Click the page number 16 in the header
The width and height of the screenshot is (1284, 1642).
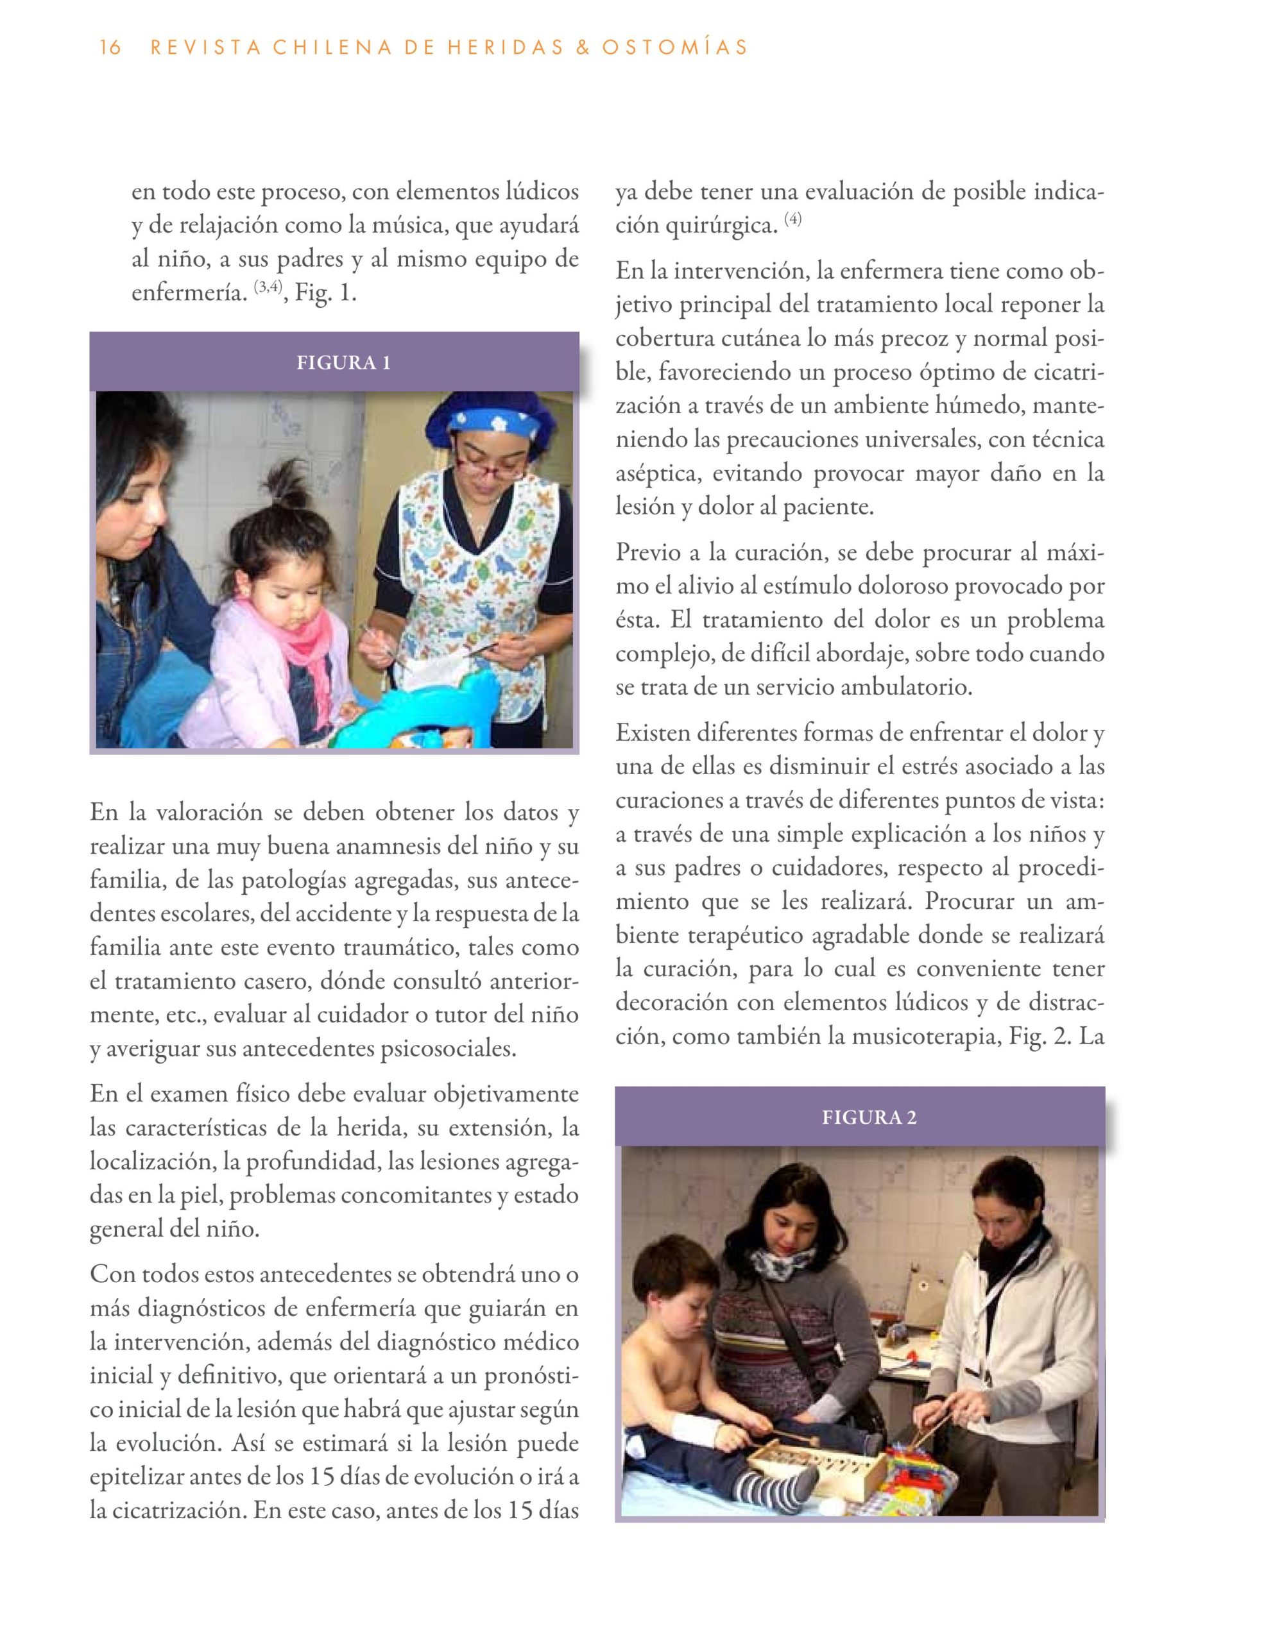[x=110, y=47]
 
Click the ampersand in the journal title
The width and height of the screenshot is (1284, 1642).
[x=581, y=47]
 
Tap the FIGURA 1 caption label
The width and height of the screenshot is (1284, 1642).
[x=343, y=363]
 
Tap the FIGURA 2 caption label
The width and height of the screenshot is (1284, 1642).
[x=869, y=1117]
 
